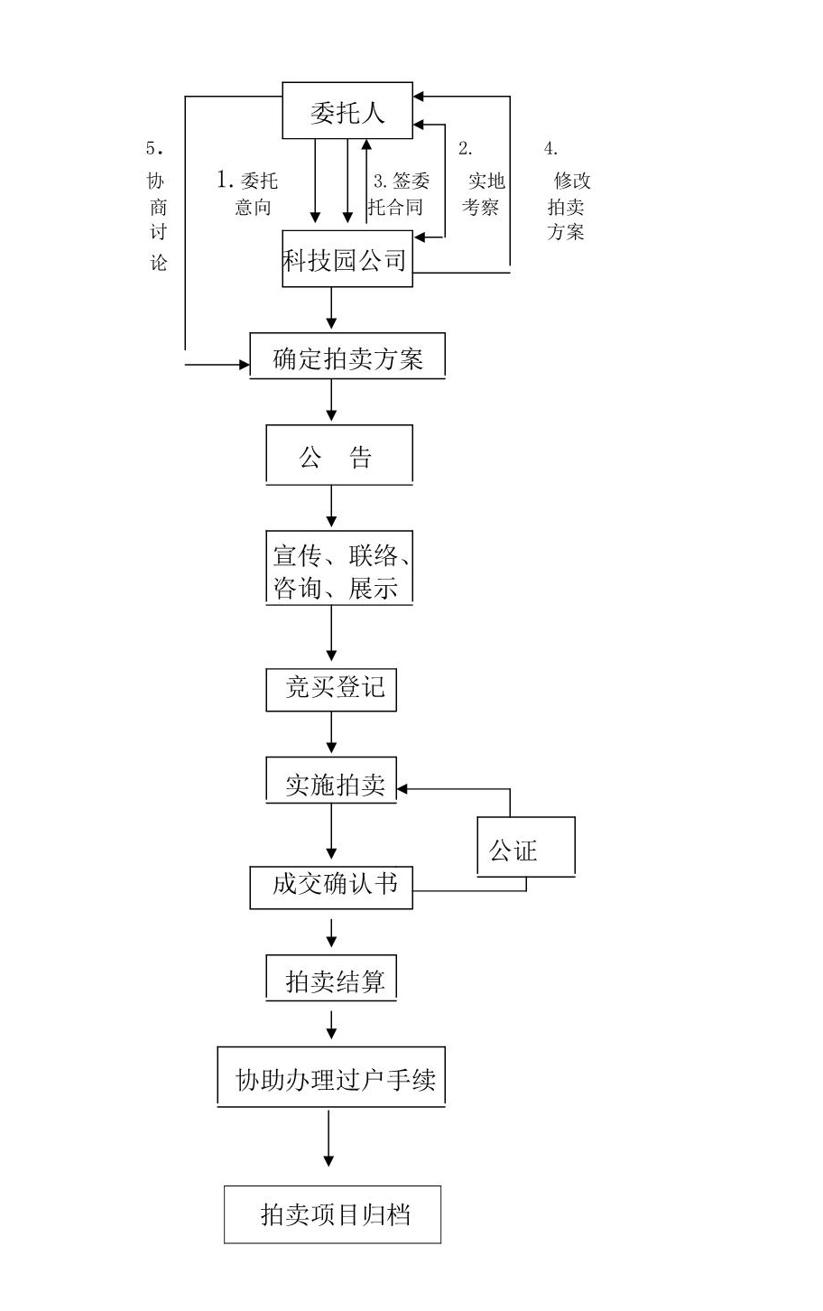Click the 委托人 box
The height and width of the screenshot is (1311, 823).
click(347, 110)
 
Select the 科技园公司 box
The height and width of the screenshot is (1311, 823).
click(347, 261)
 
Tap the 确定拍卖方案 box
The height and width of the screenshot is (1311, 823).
click(347, 358)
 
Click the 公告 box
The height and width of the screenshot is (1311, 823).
click(338, 456)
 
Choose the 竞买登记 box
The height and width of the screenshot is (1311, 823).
click(332, 689)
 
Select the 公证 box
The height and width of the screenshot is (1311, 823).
click(525, 848)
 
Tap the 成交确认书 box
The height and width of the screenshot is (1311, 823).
click(332, 888)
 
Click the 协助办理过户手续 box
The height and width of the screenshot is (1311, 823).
click(332, 1078)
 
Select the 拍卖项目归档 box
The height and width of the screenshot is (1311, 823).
click(332, 1215)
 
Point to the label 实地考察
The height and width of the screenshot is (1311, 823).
click(483, 193)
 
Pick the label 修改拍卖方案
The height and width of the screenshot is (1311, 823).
click(568, 205)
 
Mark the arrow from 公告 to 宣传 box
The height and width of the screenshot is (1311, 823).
click(332, 507)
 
